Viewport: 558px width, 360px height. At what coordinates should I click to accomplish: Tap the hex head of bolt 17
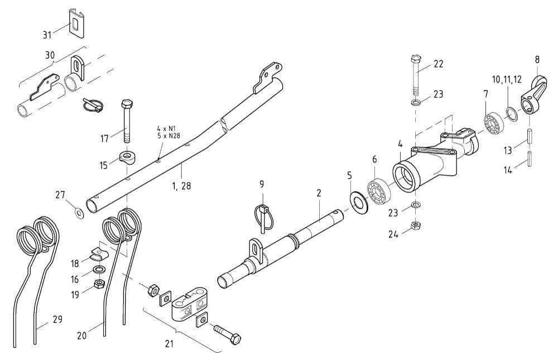point(126,104)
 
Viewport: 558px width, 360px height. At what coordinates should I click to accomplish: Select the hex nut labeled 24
point(415,225)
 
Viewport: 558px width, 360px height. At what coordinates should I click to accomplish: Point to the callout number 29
point(57,319)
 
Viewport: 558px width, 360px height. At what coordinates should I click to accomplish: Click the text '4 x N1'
point(167,128)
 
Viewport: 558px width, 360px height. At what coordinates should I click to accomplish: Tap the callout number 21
point(170,344)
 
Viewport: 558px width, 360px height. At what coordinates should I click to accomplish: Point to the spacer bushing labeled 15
point(128,157)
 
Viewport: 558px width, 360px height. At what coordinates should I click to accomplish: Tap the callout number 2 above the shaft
point(319,193)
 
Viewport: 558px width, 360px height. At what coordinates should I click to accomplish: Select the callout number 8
point(537,59)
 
